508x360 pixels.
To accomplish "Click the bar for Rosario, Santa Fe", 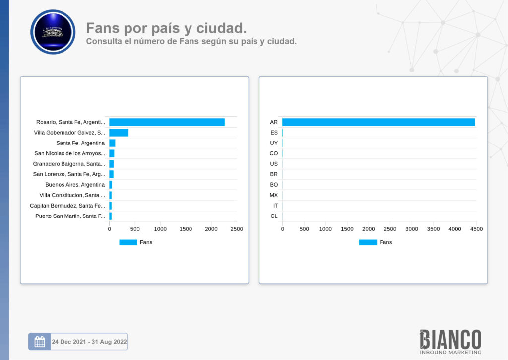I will click(167, 122).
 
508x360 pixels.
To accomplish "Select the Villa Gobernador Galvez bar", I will click(119, 133).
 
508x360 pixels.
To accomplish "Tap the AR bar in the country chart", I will click(379, 122).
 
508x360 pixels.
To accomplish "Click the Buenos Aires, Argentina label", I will click(75, 185).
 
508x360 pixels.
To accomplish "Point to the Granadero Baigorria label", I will click(69, 164).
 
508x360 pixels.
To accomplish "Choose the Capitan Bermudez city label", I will click(67, 206).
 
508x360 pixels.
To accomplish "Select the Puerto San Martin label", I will click(70, 216).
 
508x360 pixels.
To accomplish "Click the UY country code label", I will click(274, 143).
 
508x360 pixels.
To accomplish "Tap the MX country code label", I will click(274, 195).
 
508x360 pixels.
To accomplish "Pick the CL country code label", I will click(274, 216).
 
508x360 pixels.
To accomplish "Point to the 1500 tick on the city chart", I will click(186, 229).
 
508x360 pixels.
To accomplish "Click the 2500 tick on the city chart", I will click(237, 229).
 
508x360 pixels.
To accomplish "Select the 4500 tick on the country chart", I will click(476, 229).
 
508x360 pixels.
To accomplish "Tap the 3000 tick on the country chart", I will click(412, 229).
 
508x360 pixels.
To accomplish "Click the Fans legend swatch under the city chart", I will click(128, 242).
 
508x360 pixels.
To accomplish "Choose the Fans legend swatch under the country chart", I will click(368, 242).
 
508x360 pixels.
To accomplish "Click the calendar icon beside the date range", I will click(40, 342).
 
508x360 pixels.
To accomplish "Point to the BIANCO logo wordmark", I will click(450, 339).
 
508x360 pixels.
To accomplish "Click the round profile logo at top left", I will click(53, 32).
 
